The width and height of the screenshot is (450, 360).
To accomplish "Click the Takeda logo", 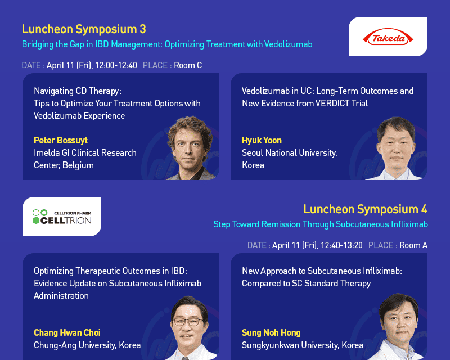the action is pyautogui.click(x=388, y=37).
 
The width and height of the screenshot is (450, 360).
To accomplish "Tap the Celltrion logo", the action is pyautogui.click(x=62, y=217).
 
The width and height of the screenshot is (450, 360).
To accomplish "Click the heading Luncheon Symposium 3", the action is pyautogui.click(x=84, y=29).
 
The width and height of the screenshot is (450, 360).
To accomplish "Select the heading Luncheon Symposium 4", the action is pyautogui.click(x=365, y=209).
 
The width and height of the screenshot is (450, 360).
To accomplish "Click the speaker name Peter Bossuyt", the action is pyautogui.click(x=61, y=140).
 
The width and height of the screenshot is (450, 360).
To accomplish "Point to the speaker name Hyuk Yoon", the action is pyautogui.click(x=262, y=140).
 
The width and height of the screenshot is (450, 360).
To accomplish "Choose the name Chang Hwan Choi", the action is pyautogui.click(x=67, y=332).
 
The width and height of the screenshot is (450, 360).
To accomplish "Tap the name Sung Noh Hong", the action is pyautogui.click(x=271, y=332).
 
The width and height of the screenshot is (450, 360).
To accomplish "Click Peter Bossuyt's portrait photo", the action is pyautogui.click(x=191, y=148).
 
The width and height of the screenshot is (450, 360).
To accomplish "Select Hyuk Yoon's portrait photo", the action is pyautogui.click(x=396, y=148).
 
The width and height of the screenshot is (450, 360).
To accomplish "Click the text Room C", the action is pyautogui.click(x=188, y=65).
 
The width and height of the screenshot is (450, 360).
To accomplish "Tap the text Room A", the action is pyautogui.click(x=413, y=245).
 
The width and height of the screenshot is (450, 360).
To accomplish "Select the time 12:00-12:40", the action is pyautogui.click(x=116, y=65).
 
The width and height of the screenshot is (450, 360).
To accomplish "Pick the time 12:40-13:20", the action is pyautogui.click(x=341, y=245).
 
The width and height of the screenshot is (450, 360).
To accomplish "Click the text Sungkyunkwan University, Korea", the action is pyautogui.click(x=303, y=345).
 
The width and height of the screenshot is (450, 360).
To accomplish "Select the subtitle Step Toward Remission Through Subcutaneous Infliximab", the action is pyautogui.click(x=321, y=224).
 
